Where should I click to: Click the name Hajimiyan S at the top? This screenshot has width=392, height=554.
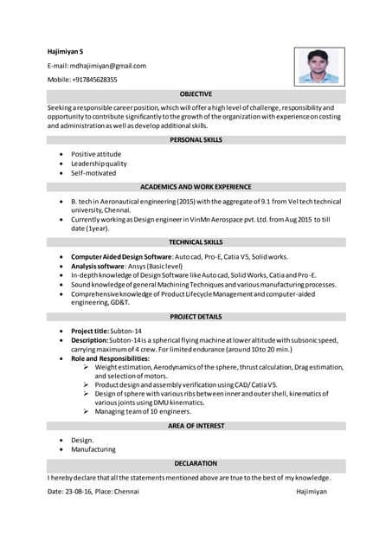coord(65,52)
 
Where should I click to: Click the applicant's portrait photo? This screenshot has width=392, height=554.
coord(319,66)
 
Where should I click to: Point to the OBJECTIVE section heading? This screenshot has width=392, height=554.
coord(196,93)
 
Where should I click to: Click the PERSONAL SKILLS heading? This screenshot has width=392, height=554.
coord(196,139)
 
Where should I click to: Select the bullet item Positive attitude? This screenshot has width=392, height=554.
coord(96,153)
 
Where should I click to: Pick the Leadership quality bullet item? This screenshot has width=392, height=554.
coord(99,163)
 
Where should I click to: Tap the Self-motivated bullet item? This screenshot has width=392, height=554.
coord(93,172)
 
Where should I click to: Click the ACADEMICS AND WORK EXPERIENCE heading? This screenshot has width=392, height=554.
coord(196,186)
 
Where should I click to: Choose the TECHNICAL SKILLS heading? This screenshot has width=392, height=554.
coord(196,242)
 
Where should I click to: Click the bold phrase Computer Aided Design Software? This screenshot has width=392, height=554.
coord(121,257)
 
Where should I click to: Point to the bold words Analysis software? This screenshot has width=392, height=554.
coord(97,267)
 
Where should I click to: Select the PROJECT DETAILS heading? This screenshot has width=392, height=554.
coord(196,317)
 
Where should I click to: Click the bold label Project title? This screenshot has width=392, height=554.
coord(88,331)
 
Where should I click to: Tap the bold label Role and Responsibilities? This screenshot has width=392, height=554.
coord(110,358)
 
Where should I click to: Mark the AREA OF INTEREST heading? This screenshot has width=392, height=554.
coord(196,426)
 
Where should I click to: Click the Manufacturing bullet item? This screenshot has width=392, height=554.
coord(93,449)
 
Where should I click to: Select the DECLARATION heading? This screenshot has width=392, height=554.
coord(196,463)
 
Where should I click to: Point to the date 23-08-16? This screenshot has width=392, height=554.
coord(77,491)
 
